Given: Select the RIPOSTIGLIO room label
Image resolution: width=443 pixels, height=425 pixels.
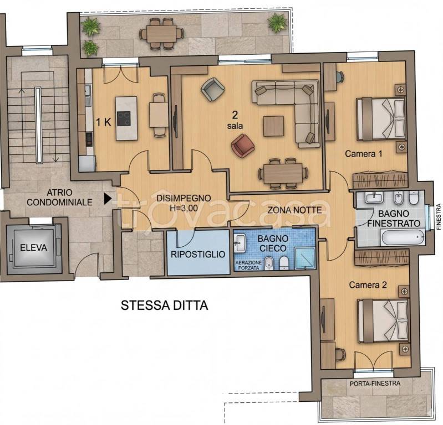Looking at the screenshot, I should pos(198,255).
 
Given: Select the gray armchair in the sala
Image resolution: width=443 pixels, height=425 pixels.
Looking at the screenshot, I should pos(212,89).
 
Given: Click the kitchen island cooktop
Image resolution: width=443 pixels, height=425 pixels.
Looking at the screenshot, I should pos(124,117).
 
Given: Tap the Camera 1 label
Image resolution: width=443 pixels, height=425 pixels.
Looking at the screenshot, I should pos(363,154).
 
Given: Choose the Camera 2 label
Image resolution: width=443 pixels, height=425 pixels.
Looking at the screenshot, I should pos(367,285).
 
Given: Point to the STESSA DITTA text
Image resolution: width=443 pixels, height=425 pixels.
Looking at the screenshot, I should pos(164,305).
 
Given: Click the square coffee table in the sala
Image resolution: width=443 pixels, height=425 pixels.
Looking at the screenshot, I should pos(274,125).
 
